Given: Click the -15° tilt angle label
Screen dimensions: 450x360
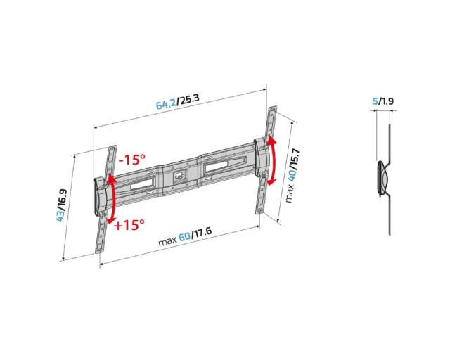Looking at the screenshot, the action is pos(132,160).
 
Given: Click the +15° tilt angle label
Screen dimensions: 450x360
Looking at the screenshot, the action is pos(129,225).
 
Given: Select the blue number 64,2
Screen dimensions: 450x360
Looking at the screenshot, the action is pos(166,103).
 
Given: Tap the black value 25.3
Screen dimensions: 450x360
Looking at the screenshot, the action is pos(188,98).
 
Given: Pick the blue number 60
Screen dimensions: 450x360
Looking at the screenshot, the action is pos(184,237).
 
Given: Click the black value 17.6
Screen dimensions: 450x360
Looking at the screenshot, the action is pos(202,233).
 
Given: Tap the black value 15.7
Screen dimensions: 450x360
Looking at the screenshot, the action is pos(295,158).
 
